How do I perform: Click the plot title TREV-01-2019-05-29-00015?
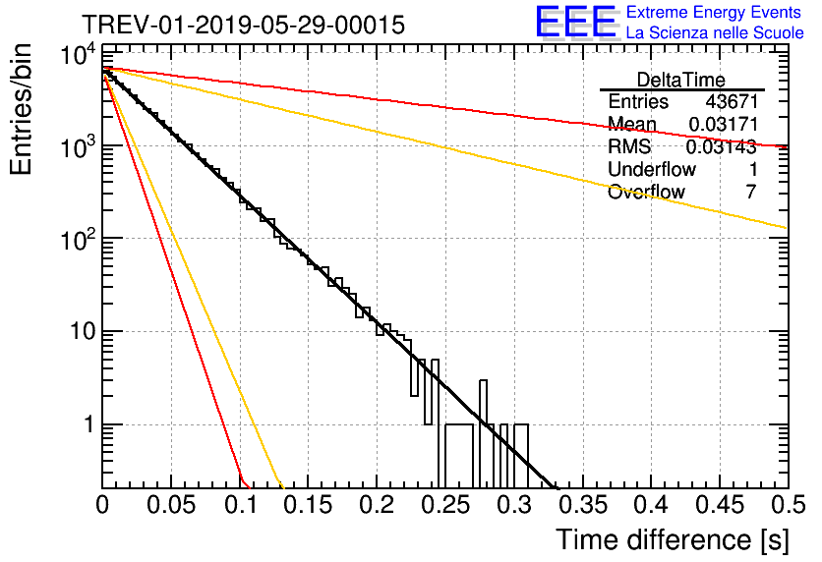pos(243,25)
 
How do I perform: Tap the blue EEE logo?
pos(575,22)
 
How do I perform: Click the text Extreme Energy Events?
pos(714,12)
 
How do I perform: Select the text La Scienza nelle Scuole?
pos(715,32)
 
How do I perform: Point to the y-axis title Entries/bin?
pos(21,110)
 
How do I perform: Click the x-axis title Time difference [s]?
pos(673,539)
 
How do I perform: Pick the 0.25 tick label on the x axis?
pos(445,505)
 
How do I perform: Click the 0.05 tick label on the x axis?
pos(171,505)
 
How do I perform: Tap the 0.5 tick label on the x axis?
pos(788,505)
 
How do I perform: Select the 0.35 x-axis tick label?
pos(583,505)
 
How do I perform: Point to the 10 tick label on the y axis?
pos(84,331)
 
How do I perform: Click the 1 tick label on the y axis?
pos(89,424)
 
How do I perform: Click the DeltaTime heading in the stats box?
pos(681,80)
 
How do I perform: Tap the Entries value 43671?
pos(732,101)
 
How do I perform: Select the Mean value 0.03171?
pos(724,124)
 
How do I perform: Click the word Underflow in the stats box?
pos(652,169)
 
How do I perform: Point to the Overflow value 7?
pos(751,192)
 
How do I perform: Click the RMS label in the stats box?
pos(629,146)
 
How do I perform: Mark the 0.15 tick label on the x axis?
pos(309,505)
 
